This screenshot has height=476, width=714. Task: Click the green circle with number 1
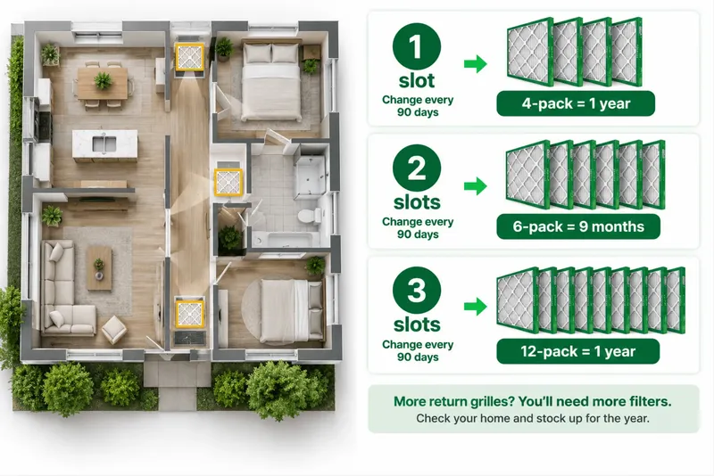(x=416, y=47)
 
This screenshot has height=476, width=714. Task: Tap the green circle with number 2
(x=416, y=168)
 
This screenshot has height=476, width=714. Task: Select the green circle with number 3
(x=416, y=290)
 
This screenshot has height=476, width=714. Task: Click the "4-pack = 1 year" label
(x=576, y=103)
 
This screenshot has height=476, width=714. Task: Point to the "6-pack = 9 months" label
(x=578, y=226)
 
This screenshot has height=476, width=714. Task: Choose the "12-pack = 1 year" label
(x=577, y=351)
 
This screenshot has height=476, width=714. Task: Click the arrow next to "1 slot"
(x=476, y=63)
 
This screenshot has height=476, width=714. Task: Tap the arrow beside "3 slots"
(x=476, y=307)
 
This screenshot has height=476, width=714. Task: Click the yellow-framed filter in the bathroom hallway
(x=228, y=183)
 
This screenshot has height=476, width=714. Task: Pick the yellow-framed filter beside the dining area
(x=190, y=57)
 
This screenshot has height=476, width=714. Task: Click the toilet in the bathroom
(x=310, y=215)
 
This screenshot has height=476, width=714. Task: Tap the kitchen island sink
(x=104, y=144)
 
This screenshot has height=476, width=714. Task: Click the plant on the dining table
(x=103, y=81)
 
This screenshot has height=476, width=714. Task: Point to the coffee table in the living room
(x=99, y=268)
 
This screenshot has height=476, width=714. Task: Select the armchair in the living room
(x=114, y=330)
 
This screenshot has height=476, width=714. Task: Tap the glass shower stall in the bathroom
(x=310, y=176)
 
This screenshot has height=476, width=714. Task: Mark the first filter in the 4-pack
(x=530, y=52)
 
